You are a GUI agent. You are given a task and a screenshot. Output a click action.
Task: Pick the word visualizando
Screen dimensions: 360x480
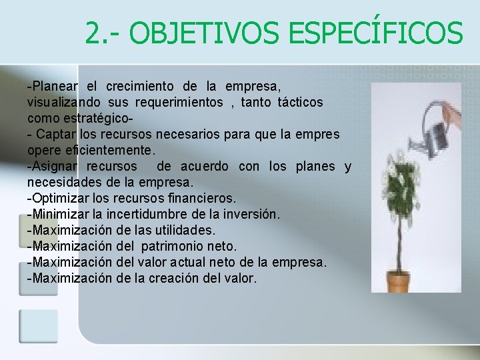(64, 103)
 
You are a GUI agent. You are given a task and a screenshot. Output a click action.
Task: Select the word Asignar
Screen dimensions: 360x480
(55, 166)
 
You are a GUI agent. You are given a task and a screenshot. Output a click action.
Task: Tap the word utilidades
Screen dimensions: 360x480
(183, 230)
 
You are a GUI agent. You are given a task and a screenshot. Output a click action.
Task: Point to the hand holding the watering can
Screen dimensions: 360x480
(454, 121)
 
